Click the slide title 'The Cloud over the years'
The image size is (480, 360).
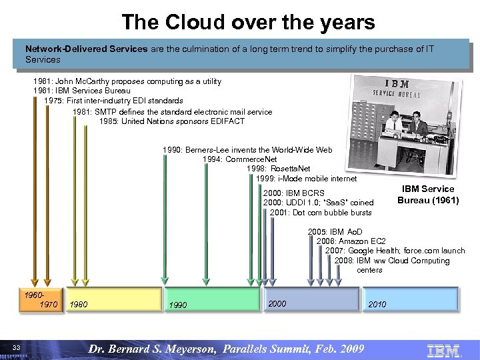[248, 22]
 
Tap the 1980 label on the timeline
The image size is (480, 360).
[78, 305]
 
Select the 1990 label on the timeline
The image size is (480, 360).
[177, 305]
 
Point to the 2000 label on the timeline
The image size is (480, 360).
[277, 304]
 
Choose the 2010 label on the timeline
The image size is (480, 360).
[377, 305]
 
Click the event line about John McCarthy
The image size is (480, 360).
[127, 81]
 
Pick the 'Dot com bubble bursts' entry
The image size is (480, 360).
[321, 212]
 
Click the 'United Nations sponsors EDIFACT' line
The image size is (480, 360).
[172, 121]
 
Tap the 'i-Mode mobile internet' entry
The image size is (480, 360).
[306, 178]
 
